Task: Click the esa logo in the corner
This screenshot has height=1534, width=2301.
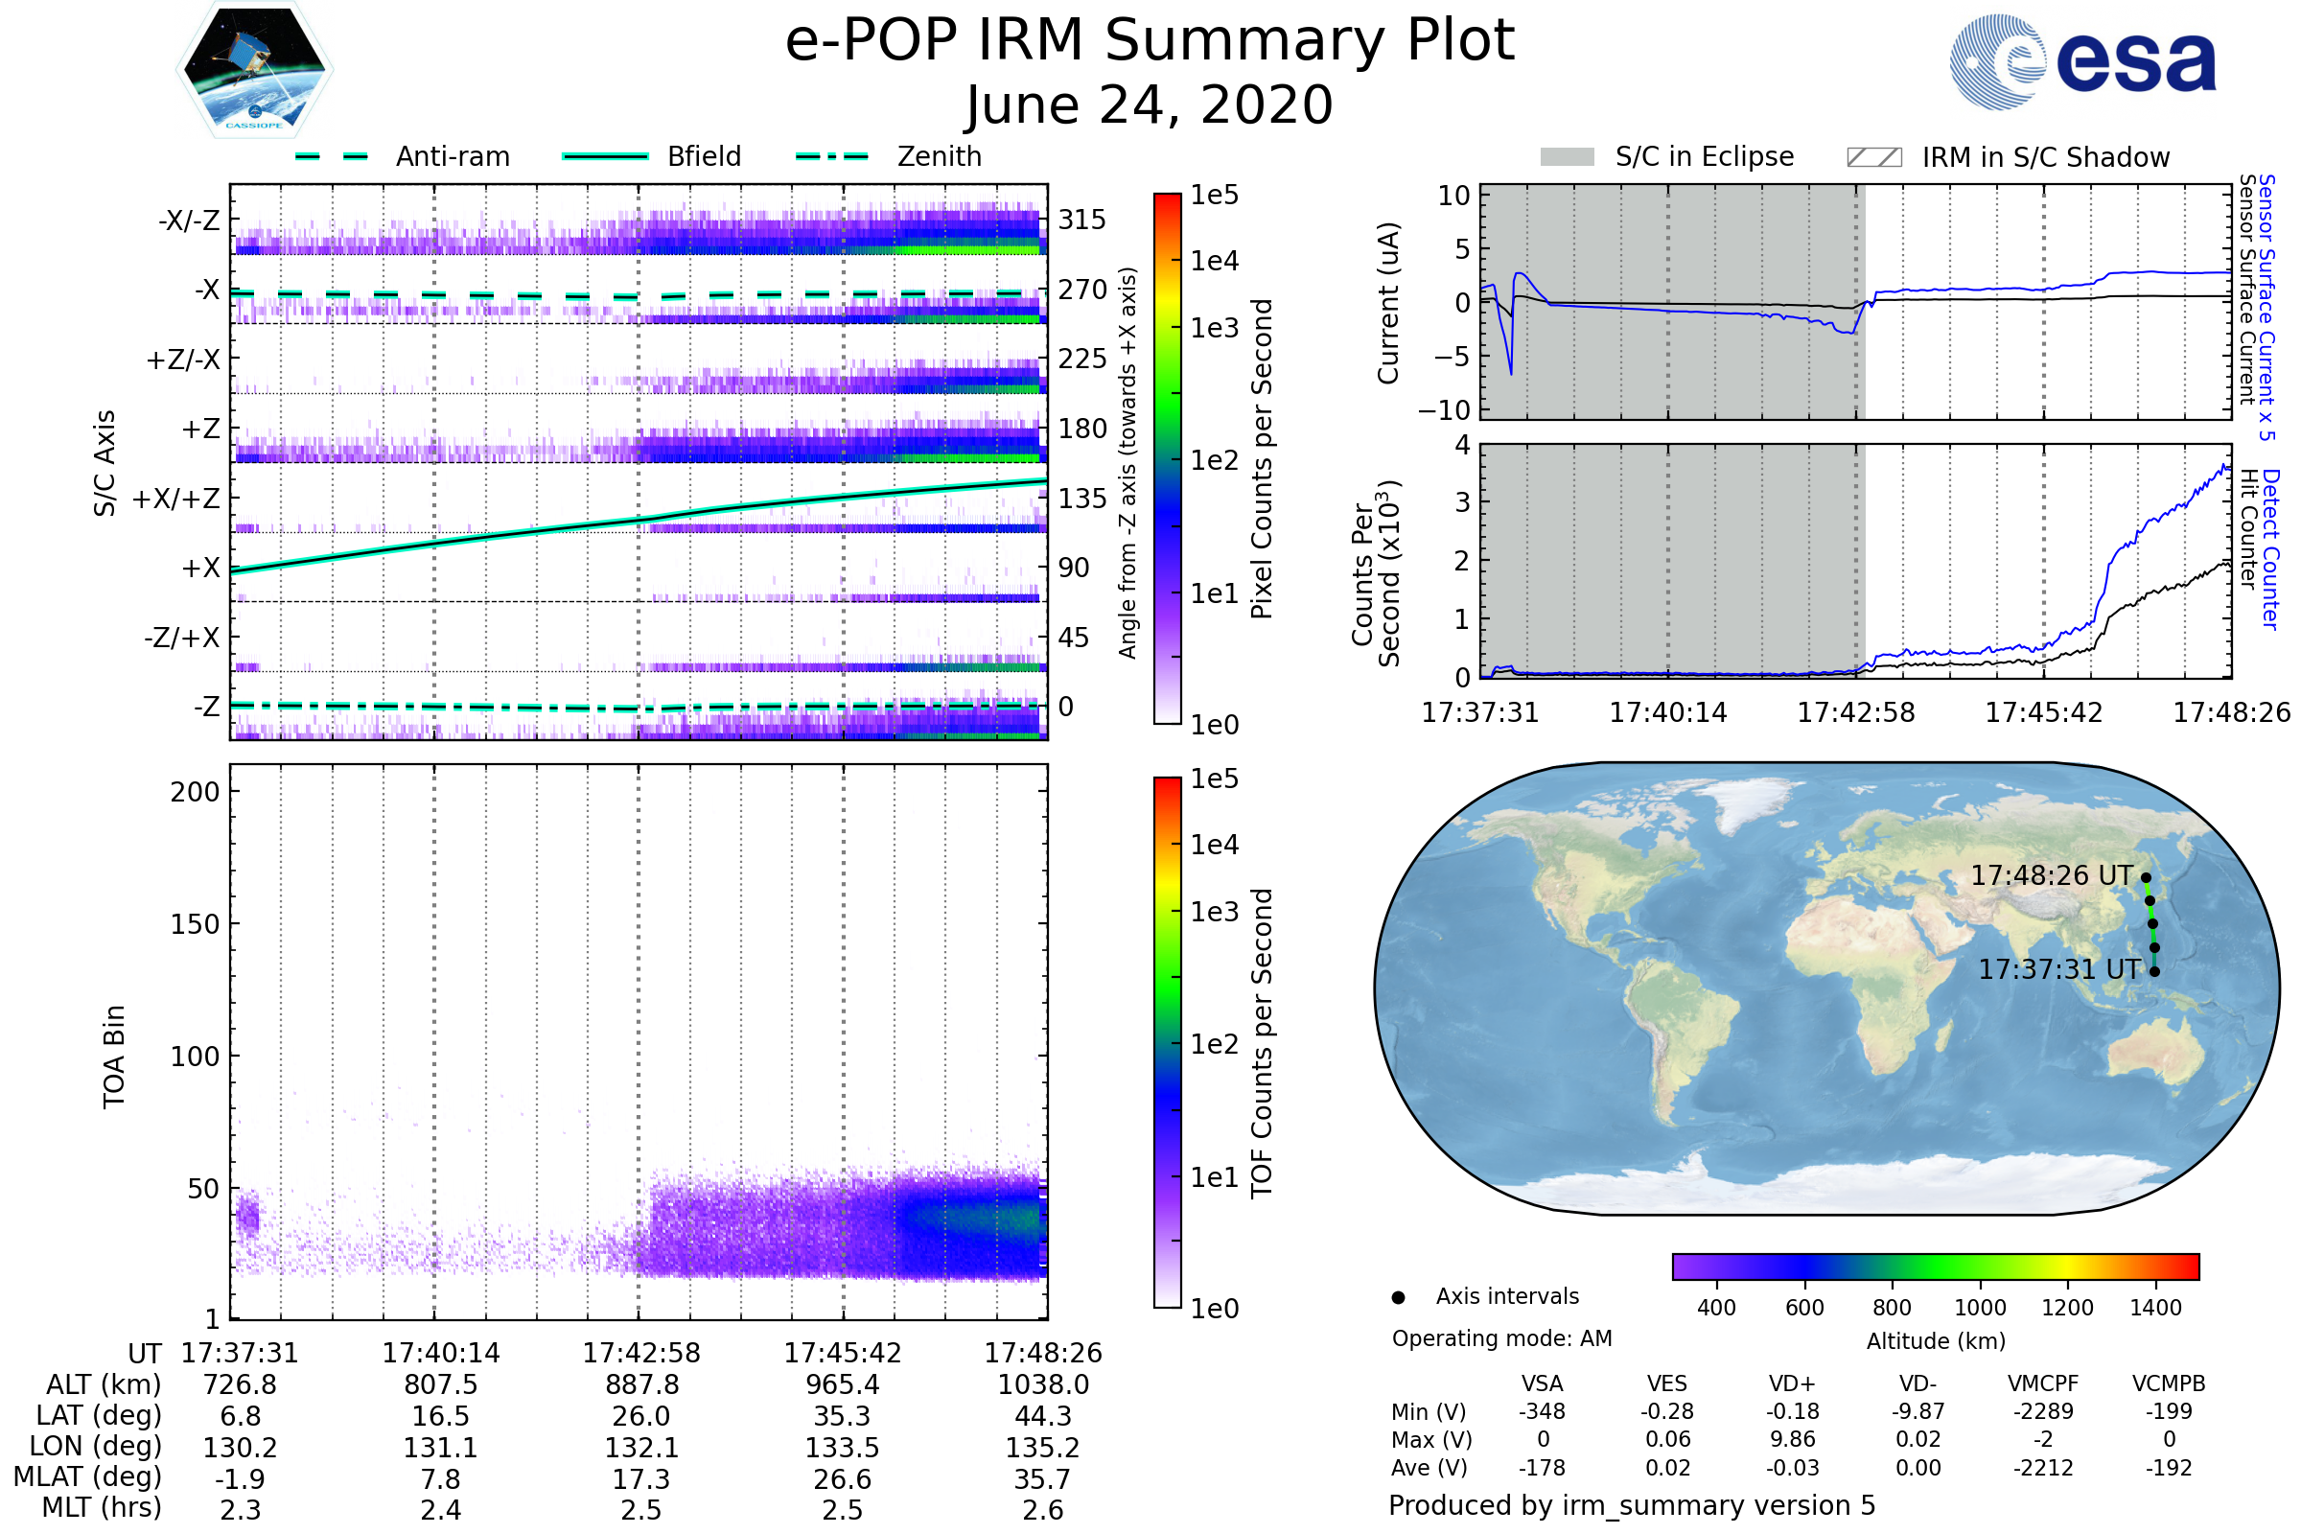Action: (2083, 60)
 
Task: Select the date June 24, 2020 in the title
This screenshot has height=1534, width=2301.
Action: (1150, 105)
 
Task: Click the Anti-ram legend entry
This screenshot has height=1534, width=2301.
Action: (452, 156)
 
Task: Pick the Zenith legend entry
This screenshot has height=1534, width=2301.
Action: (939, 156)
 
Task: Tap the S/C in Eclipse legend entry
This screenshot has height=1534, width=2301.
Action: (1704, 156)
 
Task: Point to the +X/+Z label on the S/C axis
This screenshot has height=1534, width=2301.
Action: (176, 499)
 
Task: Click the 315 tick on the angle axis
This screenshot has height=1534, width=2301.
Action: (1082, 220)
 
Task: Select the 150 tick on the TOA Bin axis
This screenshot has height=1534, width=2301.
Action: (195, 924)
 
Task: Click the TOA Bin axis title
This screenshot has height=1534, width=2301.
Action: (114, 1056)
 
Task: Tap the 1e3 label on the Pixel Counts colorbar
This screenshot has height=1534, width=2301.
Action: (1214, 328)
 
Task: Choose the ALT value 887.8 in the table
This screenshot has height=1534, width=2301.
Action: (641, 1384)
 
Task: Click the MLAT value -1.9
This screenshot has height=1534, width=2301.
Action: (240, 1478)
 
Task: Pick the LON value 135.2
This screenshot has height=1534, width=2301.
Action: (1043, 1447)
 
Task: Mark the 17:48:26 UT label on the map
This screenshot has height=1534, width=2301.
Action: (2051, 875)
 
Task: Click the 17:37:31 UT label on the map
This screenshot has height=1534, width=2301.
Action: (2058, 969)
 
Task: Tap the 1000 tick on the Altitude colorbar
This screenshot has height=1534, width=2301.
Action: (1979, 1308)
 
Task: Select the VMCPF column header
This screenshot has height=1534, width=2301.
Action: (2043, 1383)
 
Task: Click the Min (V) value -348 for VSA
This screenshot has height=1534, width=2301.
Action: (1542, 1411)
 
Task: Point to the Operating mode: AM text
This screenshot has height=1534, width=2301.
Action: (1501, 1338)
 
